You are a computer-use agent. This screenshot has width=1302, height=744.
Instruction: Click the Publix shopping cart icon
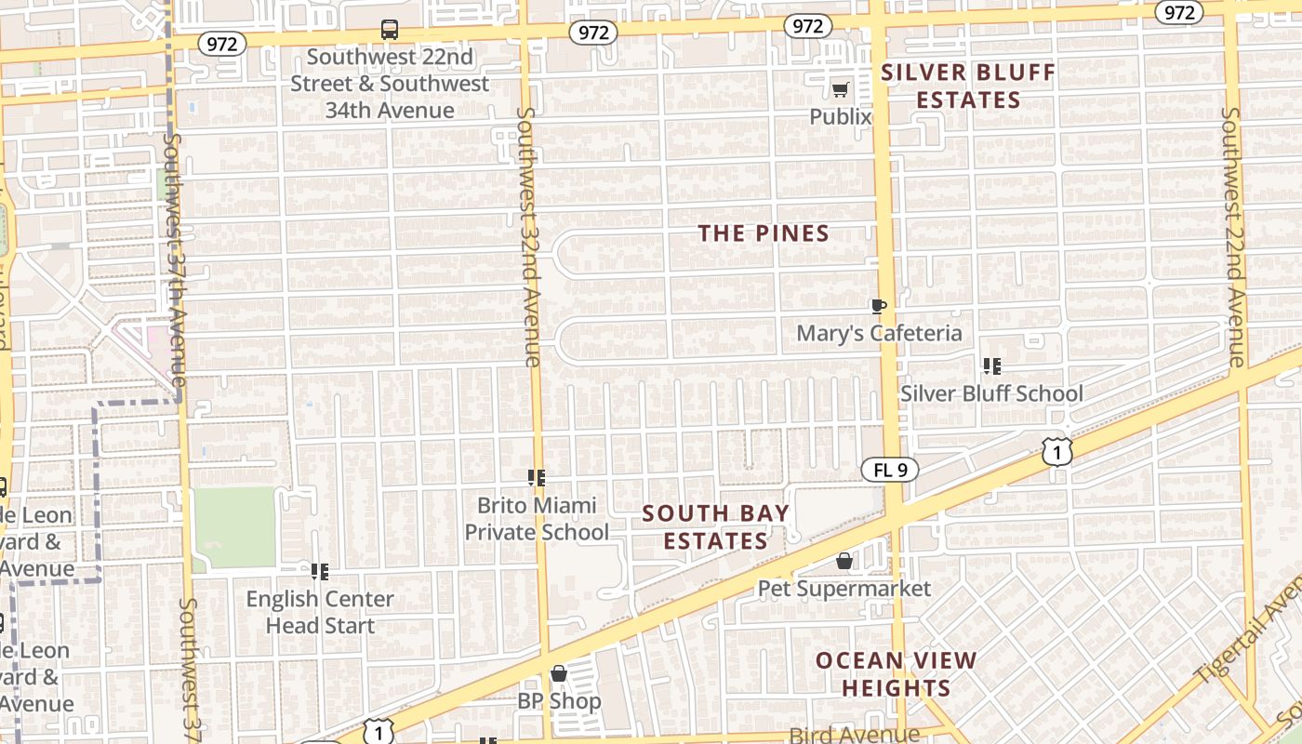pos(841,89)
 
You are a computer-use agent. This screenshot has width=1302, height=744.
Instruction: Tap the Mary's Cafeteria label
pos(879,333)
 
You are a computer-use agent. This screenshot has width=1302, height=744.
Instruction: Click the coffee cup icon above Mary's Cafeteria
pos(878,306)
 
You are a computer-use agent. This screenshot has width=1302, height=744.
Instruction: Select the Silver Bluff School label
pos(991,393)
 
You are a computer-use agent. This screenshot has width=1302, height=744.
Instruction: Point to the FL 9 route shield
pos(890,470)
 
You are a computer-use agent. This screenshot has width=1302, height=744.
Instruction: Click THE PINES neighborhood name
pos(764,233)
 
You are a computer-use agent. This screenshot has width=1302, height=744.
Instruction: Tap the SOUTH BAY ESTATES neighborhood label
pos(715,526)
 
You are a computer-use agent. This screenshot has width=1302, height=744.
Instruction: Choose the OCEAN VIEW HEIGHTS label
pos(897,674)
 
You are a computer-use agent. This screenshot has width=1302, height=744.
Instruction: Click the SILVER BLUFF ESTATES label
pos(968,86)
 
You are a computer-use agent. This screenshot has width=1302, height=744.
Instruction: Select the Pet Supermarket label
pos(844,589)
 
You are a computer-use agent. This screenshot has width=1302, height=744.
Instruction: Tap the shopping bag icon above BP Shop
pos(559,673)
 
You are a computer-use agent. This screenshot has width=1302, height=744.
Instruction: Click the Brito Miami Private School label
pos(537,519)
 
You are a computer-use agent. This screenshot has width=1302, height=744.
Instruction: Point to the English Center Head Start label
pos(320,612)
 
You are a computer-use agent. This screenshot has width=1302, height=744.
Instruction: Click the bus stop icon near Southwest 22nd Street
pos(390,30)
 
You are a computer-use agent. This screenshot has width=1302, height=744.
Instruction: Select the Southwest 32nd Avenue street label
pos(528,237)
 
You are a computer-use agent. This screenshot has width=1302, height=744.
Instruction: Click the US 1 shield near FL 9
pos(1057,452)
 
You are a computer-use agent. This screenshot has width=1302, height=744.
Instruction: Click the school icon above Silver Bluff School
pos(992,366)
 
